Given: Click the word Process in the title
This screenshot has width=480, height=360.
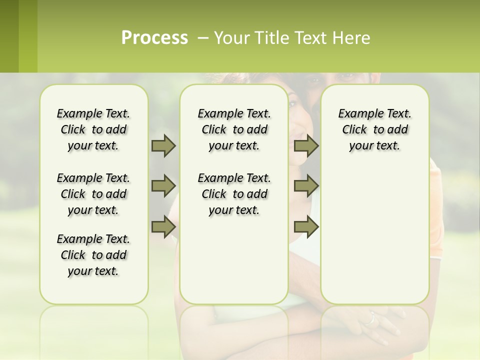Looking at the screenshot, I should pyautogui.click(x=154, y=38).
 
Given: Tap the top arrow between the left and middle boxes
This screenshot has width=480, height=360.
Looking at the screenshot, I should pyautogui.click(x=163, y=146).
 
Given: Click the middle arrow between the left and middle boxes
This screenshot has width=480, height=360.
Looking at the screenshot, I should pyautogui.click(x=163, y=186).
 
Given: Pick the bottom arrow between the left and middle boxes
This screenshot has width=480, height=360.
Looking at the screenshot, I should pyautogui.click(x=163, y=226).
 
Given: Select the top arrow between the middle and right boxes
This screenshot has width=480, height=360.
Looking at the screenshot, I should pyautogui.click(x=306, y=146).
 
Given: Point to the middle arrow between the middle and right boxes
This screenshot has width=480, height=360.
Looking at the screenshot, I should pyautogui.click(x=306, y=186).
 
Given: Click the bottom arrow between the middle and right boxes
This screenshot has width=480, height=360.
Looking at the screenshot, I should pyautogui.click(x=306, y=226).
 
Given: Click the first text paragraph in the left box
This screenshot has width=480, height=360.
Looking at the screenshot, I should pyautogui.click(x=93, y=129).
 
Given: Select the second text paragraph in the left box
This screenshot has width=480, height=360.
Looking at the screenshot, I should pyautogui.click(x=93, y=194).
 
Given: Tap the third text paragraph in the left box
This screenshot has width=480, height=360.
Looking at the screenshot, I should pyautogui.click(x=93, y=255).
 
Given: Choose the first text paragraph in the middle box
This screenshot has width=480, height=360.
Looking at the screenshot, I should pyautogui.click(x=234, y=129).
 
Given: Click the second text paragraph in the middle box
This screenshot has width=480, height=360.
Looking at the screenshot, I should pyautogui.click(x=234, y=194).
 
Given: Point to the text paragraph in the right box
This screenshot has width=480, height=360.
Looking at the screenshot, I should pyautogui.click(x=374, y=129).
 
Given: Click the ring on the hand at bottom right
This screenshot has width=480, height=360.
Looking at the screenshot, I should pyautogui.click(x=370, y=318).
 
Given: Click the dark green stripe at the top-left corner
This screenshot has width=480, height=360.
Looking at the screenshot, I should pyautogui.click(x=9, y=36).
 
